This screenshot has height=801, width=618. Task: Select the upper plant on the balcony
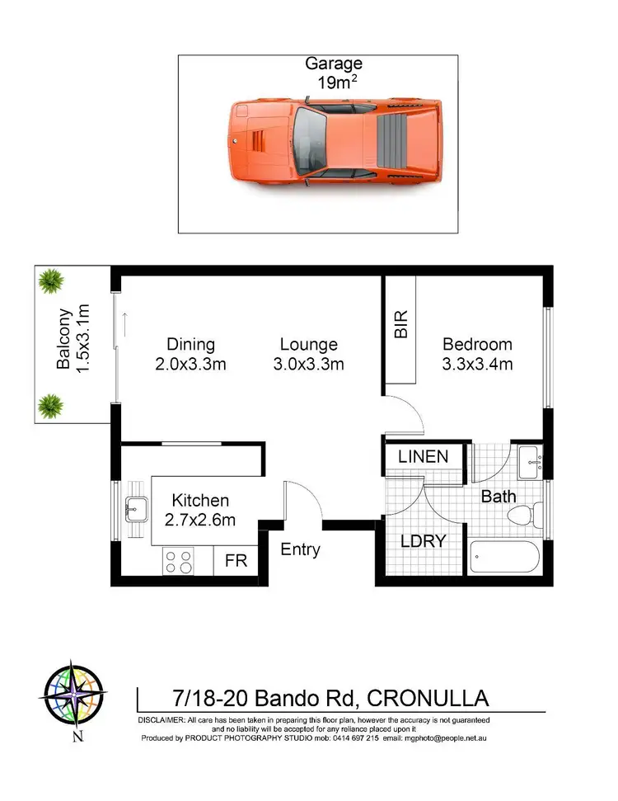(x=51, y=281)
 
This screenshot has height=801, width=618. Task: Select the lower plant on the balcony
(x=51, y=404)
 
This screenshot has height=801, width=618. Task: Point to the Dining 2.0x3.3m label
(x=190, y=354)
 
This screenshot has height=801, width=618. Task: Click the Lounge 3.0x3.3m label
(x=308, y=354)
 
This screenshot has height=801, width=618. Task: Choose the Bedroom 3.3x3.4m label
(x=477, y=354)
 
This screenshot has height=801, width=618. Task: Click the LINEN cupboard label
(x=423, y=456)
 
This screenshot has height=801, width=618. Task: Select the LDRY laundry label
(x=423, y=541)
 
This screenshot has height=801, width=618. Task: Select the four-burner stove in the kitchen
(x=178, y=562)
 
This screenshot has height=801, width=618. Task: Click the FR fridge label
(x=236, y=561)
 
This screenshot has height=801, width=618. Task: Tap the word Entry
(x=300, y=549)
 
